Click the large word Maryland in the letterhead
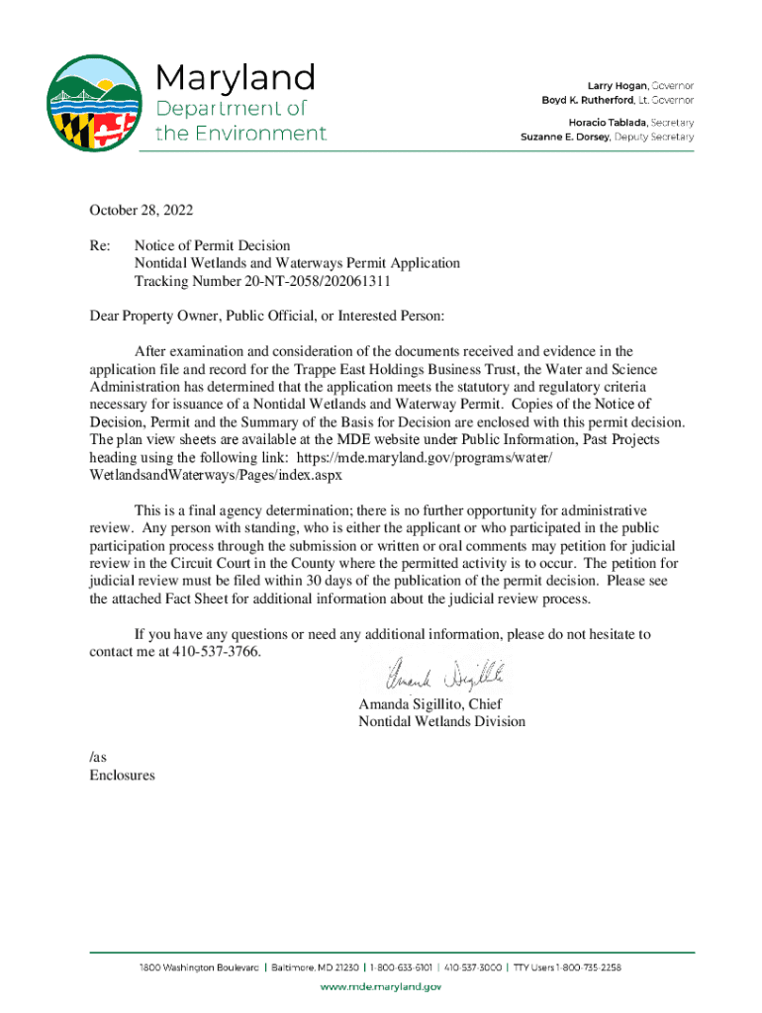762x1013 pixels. (x=235, y=77)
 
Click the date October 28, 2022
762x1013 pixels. (x=142, y=210)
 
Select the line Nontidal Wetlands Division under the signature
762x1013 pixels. (x=441, y=722)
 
